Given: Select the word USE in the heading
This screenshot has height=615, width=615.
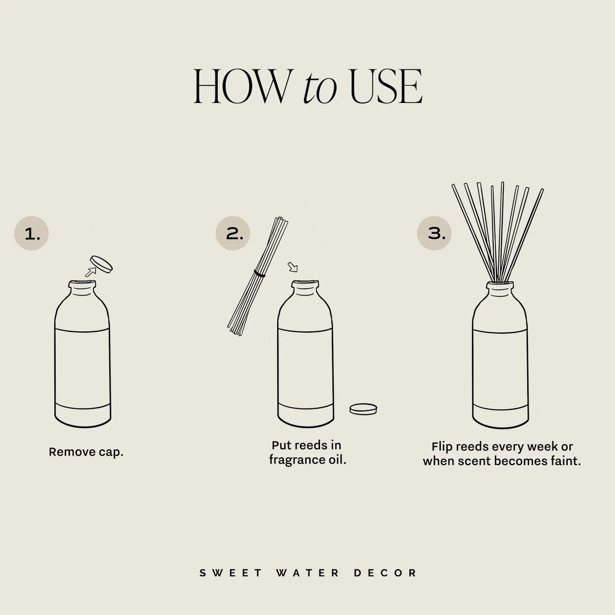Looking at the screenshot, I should click(x=386, y=87).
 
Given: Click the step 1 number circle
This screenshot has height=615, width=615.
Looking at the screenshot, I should click(x=31, y=233).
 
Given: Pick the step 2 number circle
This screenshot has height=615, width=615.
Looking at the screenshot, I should click(x=233, y=233).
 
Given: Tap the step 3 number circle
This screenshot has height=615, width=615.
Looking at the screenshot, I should click(x=434, y=233).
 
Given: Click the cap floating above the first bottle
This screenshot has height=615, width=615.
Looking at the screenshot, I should click(x=102, y=264).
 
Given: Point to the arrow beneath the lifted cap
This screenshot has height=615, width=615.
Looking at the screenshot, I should click(x=90, y=273).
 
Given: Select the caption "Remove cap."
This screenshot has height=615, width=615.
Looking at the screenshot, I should click(x=86, y=452).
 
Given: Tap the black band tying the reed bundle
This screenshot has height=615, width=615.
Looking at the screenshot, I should click(x=260, y=274).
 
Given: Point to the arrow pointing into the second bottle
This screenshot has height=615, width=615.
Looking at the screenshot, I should click(x=293, y=266).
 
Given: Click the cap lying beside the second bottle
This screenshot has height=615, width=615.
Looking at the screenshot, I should click(x=363, y=408).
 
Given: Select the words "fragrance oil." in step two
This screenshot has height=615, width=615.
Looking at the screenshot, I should click(x=307, y=460).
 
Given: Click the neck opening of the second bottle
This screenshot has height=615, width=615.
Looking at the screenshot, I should click(x=305, y=283).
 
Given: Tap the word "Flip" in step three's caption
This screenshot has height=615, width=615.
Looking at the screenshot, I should click(x=442, y=446).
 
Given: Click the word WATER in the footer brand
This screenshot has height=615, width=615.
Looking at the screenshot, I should click(x=308, y=573).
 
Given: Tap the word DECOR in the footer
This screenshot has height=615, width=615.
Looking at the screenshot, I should click(x=386, y=573).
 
